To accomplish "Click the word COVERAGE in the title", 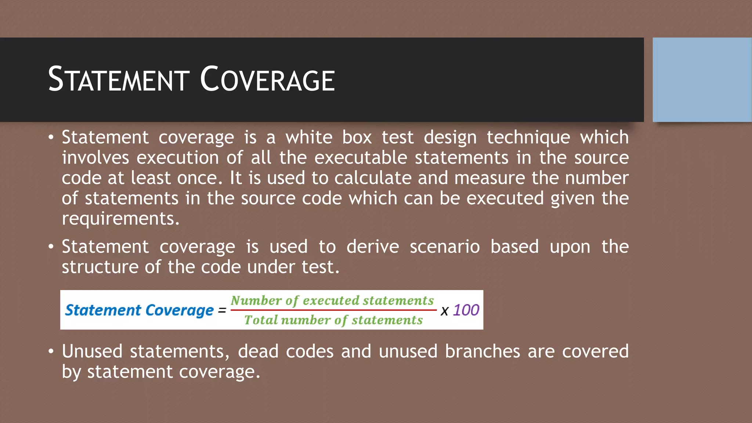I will pos(267,80).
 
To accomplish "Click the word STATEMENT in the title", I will pos(119,80).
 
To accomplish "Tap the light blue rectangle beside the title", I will pos(702,80).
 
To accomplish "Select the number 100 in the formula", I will pos(466,310).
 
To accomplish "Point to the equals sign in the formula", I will pos(222,311).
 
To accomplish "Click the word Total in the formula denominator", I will pos(261,320).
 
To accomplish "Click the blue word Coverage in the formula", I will pos(179,310).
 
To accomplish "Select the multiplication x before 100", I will pos(444,311).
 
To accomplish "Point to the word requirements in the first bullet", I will pos(120,219).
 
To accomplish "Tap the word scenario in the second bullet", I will pos(444,246).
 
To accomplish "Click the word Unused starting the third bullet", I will pos(92,351).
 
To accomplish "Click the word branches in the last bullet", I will pos(482,351).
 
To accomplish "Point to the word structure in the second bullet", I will pos(100,267).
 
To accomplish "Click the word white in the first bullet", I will pos(309,137).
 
